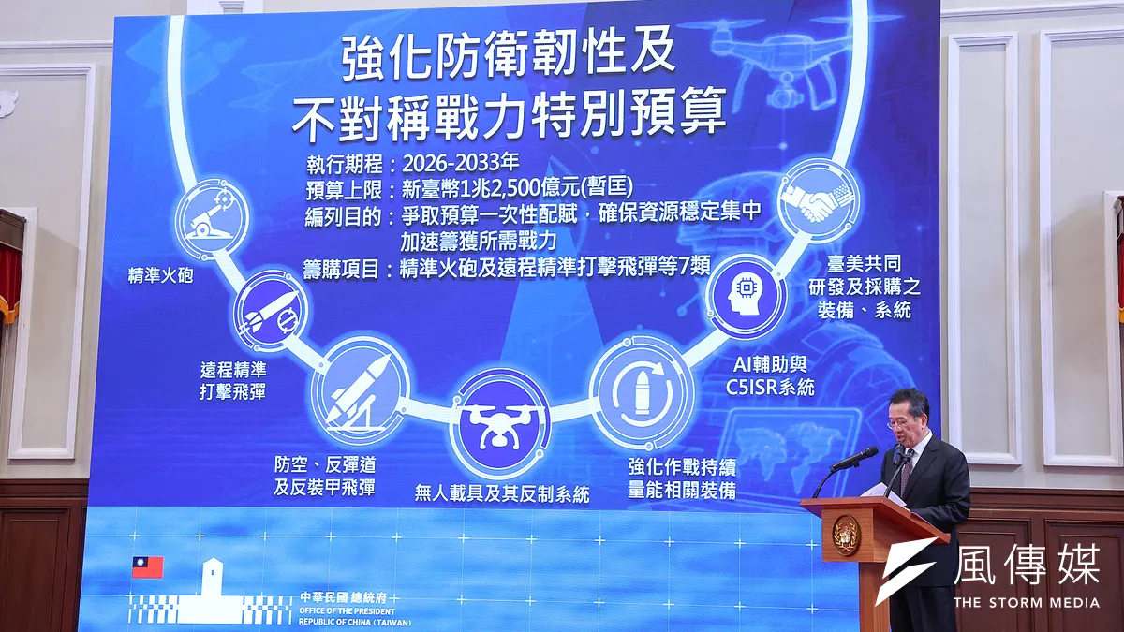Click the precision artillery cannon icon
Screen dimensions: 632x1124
pos(212,216)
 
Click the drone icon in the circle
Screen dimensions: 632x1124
pos(498,422)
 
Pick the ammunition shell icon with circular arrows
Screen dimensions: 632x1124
pos(642,389)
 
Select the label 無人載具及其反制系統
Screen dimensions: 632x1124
pos(502,493)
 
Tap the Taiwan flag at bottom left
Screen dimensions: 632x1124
pos(147,567)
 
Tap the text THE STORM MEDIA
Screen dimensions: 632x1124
pos(1026,601)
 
